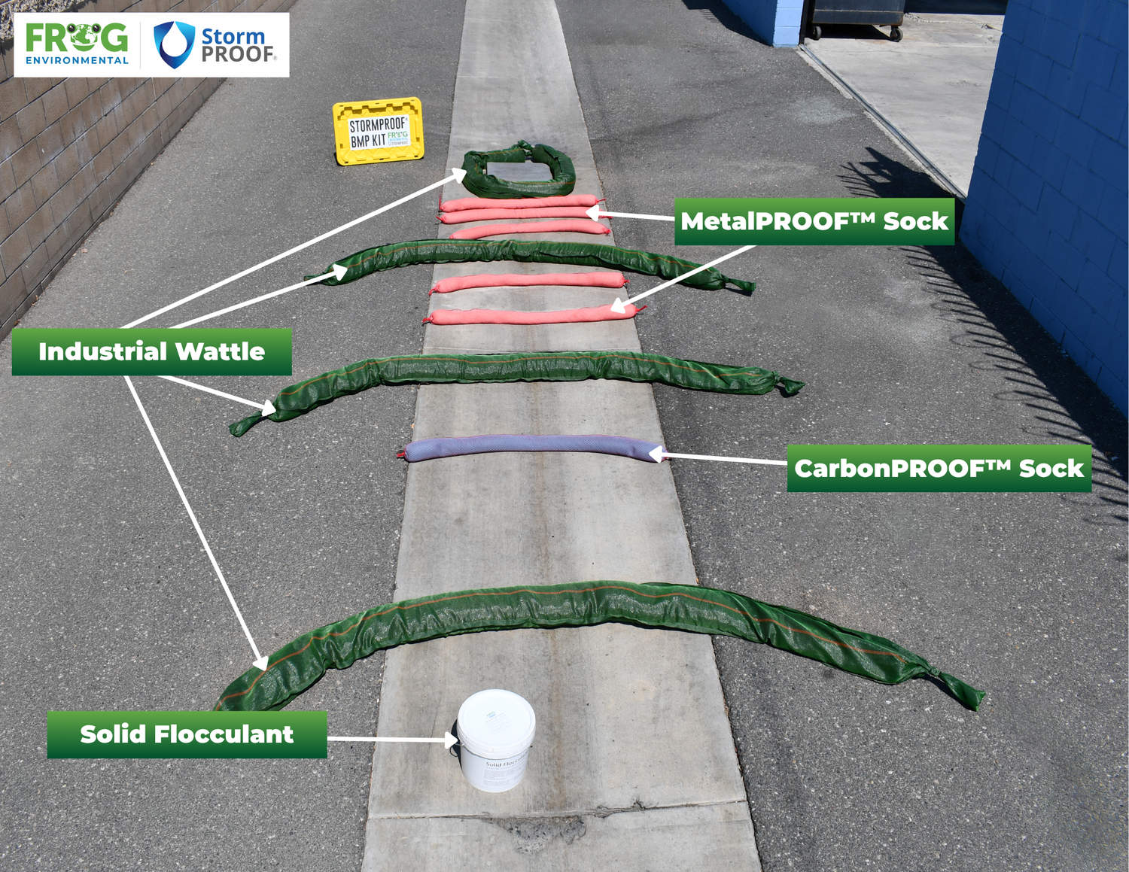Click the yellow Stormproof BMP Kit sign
click(x=378, y=131)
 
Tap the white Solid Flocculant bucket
click(x=496, y=741)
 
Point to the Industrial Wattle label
click(x=151, y=351)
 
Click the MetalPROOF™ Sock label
click(x=814, y=221)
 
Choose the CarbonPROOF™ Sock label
click(x=939, y=469)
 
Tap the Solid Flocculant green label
click(x=187, y=734)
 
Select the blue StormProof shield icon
click(x=174, y=44)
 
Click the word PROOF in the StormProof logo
click(x=238, y=54)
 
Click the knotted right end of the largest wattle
click(x=960, y=689)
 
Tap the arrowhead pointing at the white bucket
click(x=451, y=740)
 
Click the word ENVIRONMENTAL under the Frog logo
click(x=77, y=60)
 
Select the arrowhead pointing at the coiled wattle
click(x=459, y=175)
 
